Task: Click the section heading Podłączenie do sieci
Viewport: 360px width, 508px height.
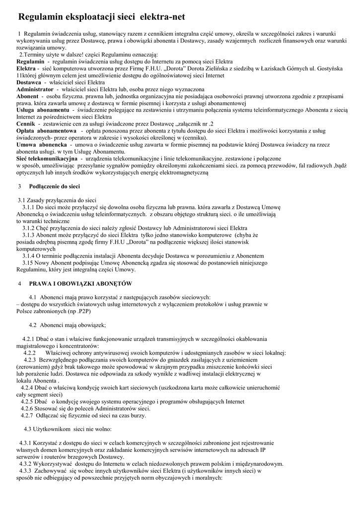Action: (55, 187)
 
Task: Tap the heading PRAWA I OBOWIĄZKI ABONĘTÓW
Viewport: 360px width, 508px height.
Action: (80, 284)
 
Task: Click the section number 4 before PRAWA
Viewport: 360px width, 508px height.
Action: (19, 284)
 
